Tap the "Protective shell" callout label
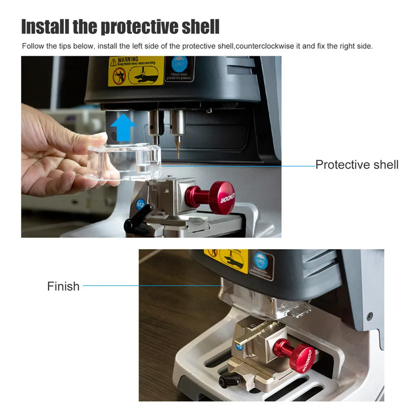pos(357,164)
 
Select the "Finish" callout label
pos(63,286)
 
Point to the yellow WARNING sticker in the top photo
pos(135,71)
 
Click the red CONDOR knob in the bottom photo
pos(298,355)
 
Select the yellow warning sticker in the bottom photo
pos(228,260)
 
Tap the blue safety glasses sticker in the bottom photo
pos(263,264)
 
